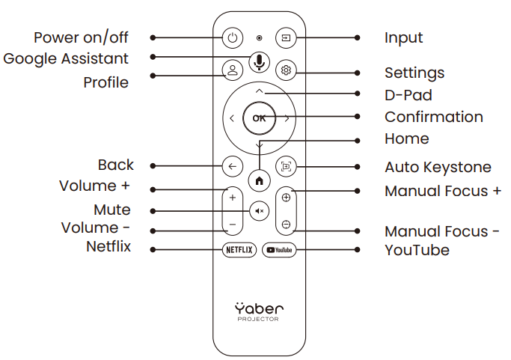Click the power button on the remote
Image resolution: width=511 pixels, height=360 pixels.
click(232, 37)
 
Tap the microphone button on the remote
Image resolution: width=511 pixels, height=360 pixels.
click(259, 60)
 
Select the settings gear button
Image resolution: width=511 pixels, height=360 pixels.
click(286, 70)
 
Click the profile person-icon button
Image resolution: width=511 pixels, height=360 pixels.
click(232, 70)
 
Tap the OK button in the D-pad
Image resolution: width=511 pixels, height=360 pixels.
click(259, 118)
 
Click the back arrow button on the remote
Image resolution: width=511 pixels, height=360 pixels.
click(232, 166)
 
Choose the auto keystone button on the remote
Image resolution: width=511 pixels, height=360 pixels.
click(286, 166)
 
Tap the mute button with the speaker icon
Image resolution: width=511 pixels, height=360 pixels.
click(259, 211)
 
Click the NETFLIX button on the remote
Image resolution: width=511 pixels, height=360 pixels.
click(240, 250)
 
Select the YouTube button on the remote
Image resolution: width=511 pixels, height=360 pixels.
click(278, 250)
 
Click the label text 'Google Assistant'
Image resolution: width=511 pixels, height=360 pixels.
click(66, 58)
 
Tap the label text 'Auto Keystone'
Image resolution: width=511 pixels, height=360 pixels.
click(438, 167)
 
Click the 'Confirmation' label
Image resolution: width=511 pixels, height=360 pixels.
click(433, 117)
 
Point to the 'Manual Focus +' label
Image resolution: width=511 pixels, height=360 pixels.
click(442, 191)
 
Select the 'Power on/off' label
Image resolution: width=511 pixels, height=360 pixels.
click(81, 37)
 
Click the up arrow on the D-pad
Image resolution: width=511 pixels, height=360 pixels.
click(259, 91)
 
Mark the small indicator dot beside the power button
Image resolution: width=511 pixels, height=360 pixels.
click(259, 37)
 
